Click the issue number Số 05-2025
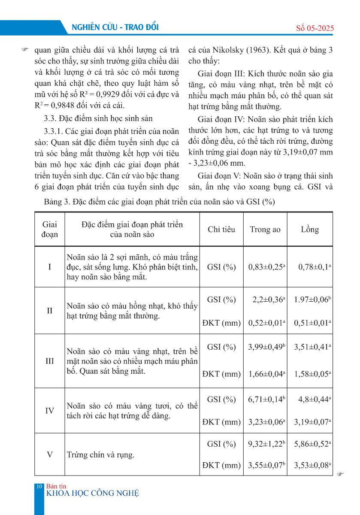(315, 28)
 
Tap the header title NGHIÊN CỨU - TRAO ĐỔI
(116, 27)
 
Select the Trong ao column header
(265, 229)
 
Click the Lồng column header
(310, 229)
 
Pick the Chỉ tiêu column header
(221, 229)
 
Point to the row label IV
(50, 411)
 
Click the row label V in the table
(50, 454)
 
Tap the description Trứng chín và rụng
(100, 454)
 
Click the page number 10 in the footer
(39, 486)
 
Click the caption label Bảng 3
(56, 202)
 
